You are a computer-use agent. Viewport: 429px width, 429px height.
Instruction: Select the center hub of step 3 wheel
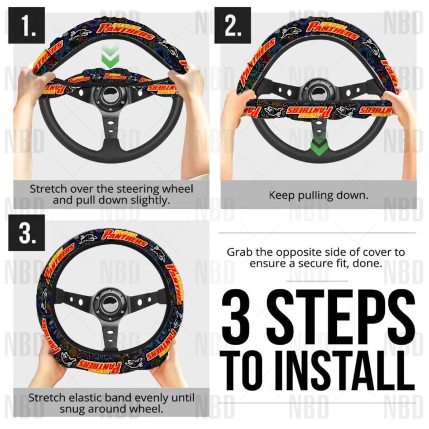point(109,301)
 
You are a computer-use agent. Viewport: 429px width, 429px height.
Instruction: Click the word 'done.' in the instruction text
point(369,263)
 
